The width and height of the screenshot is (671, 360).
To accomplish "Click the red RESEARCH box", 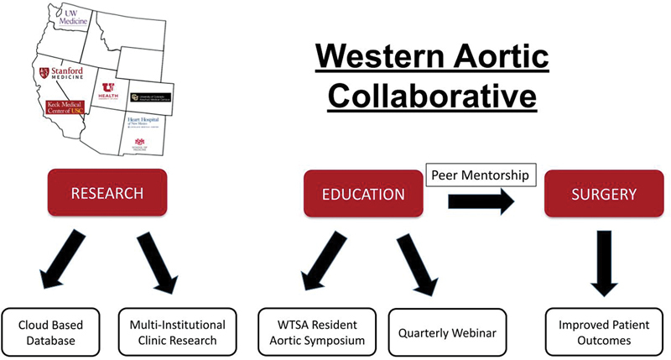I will coord(107,194).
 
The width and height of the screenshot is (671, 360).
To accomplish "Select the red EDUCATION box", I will coord(363,194).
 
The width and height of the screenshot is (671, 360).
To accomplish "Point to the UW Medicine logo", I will coord(67,18).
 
